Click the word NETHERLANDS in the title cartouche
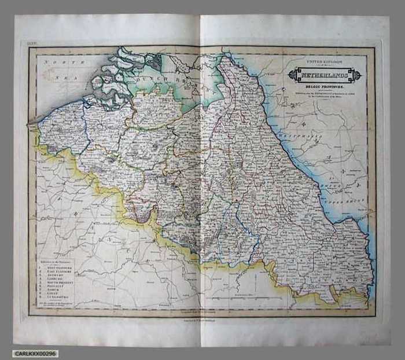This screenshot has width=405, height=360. pyautogui.click(x=325, y=75)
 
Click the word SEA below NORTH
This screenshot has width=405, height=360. pyautogui.click(x=58, y=75)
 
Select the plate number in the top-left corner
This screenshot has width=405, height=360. pyautogui.click(x=32, y=43)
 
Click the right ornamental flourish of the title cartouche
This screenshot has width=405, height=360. pyautogui.click(x=356, y=75)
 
